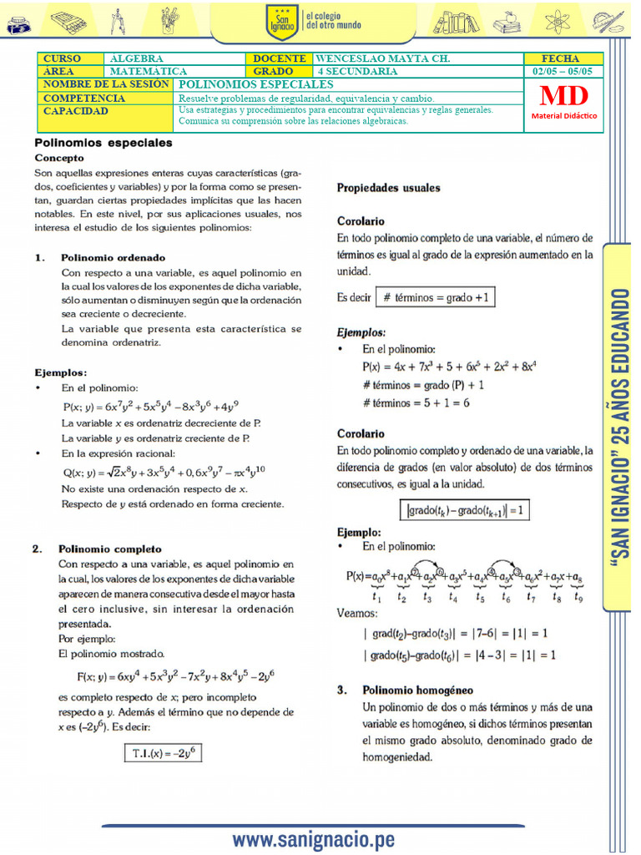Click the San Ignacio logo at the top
(x=281, y=22)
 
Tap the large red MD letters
(x=565, y=96)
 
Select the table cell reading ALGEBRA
(x=137, y=59)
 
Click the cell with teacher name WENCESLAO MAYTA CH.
(x=383, y=59)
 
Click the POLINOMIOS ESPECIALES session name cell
(x=256, y=84)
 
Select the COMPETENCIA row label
(x=83, y=98)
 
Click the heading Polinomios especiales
(x=103, y=143)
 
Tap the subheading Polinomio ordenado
(x=114, y=258)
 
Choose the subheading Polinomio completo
(x=110, y=549)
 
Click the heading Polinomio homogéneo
(x=417, y=691)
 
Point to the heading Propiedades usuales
(x=388, y=189)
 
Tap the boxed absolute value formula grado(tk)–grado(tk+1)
(x=463, y=510)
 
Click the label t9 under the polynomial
(x=578, y=597)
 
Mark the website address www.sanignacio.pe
(x=313, y=840)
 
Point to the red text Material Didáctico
(x=565, y=116)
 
